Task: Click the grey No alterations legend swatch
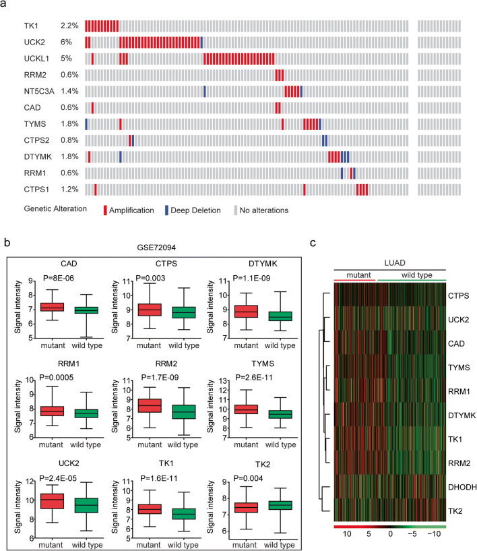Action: click(x=236, y=210)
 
